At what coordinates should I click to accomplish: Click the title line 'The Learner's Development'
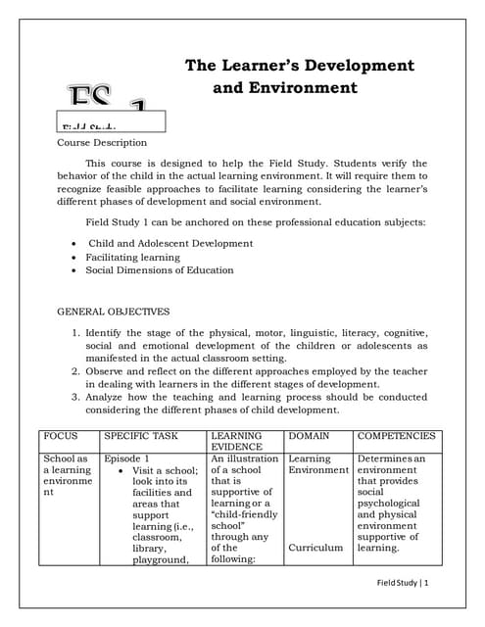tap(299, 66)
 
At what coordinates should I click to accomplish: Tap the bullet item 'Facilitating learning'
tap(132, 257)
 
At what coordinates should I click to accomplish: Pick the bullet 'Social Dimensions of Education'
tap(159, 270)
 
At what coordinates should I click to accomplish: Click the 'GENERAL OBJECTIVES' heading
tap(114, 312)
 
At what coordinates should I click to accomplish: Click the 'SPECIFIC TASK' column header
tap(141, 435)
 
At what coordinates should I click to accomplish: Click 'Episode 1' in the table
tap(126, 458)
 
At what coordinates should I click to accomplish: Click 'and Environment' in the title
tap(285, 88)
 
